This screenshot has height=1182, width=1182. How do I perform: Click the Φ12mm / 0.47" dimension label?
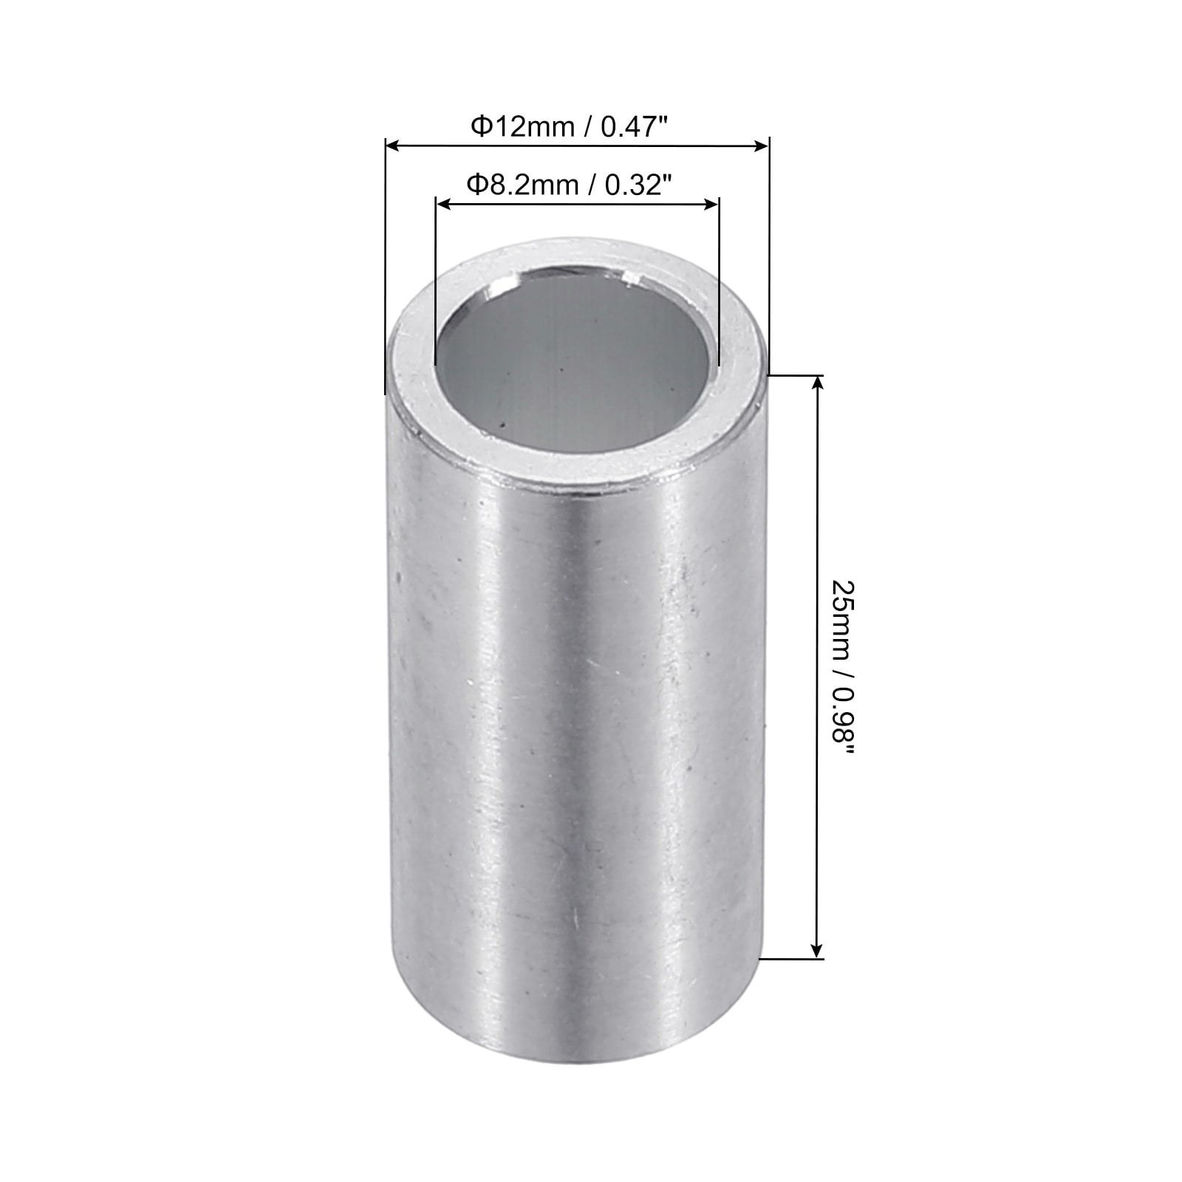click(570, 127)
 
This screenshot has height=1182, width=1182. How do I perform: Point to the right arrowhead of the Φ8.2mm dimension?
click(711, 204)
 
